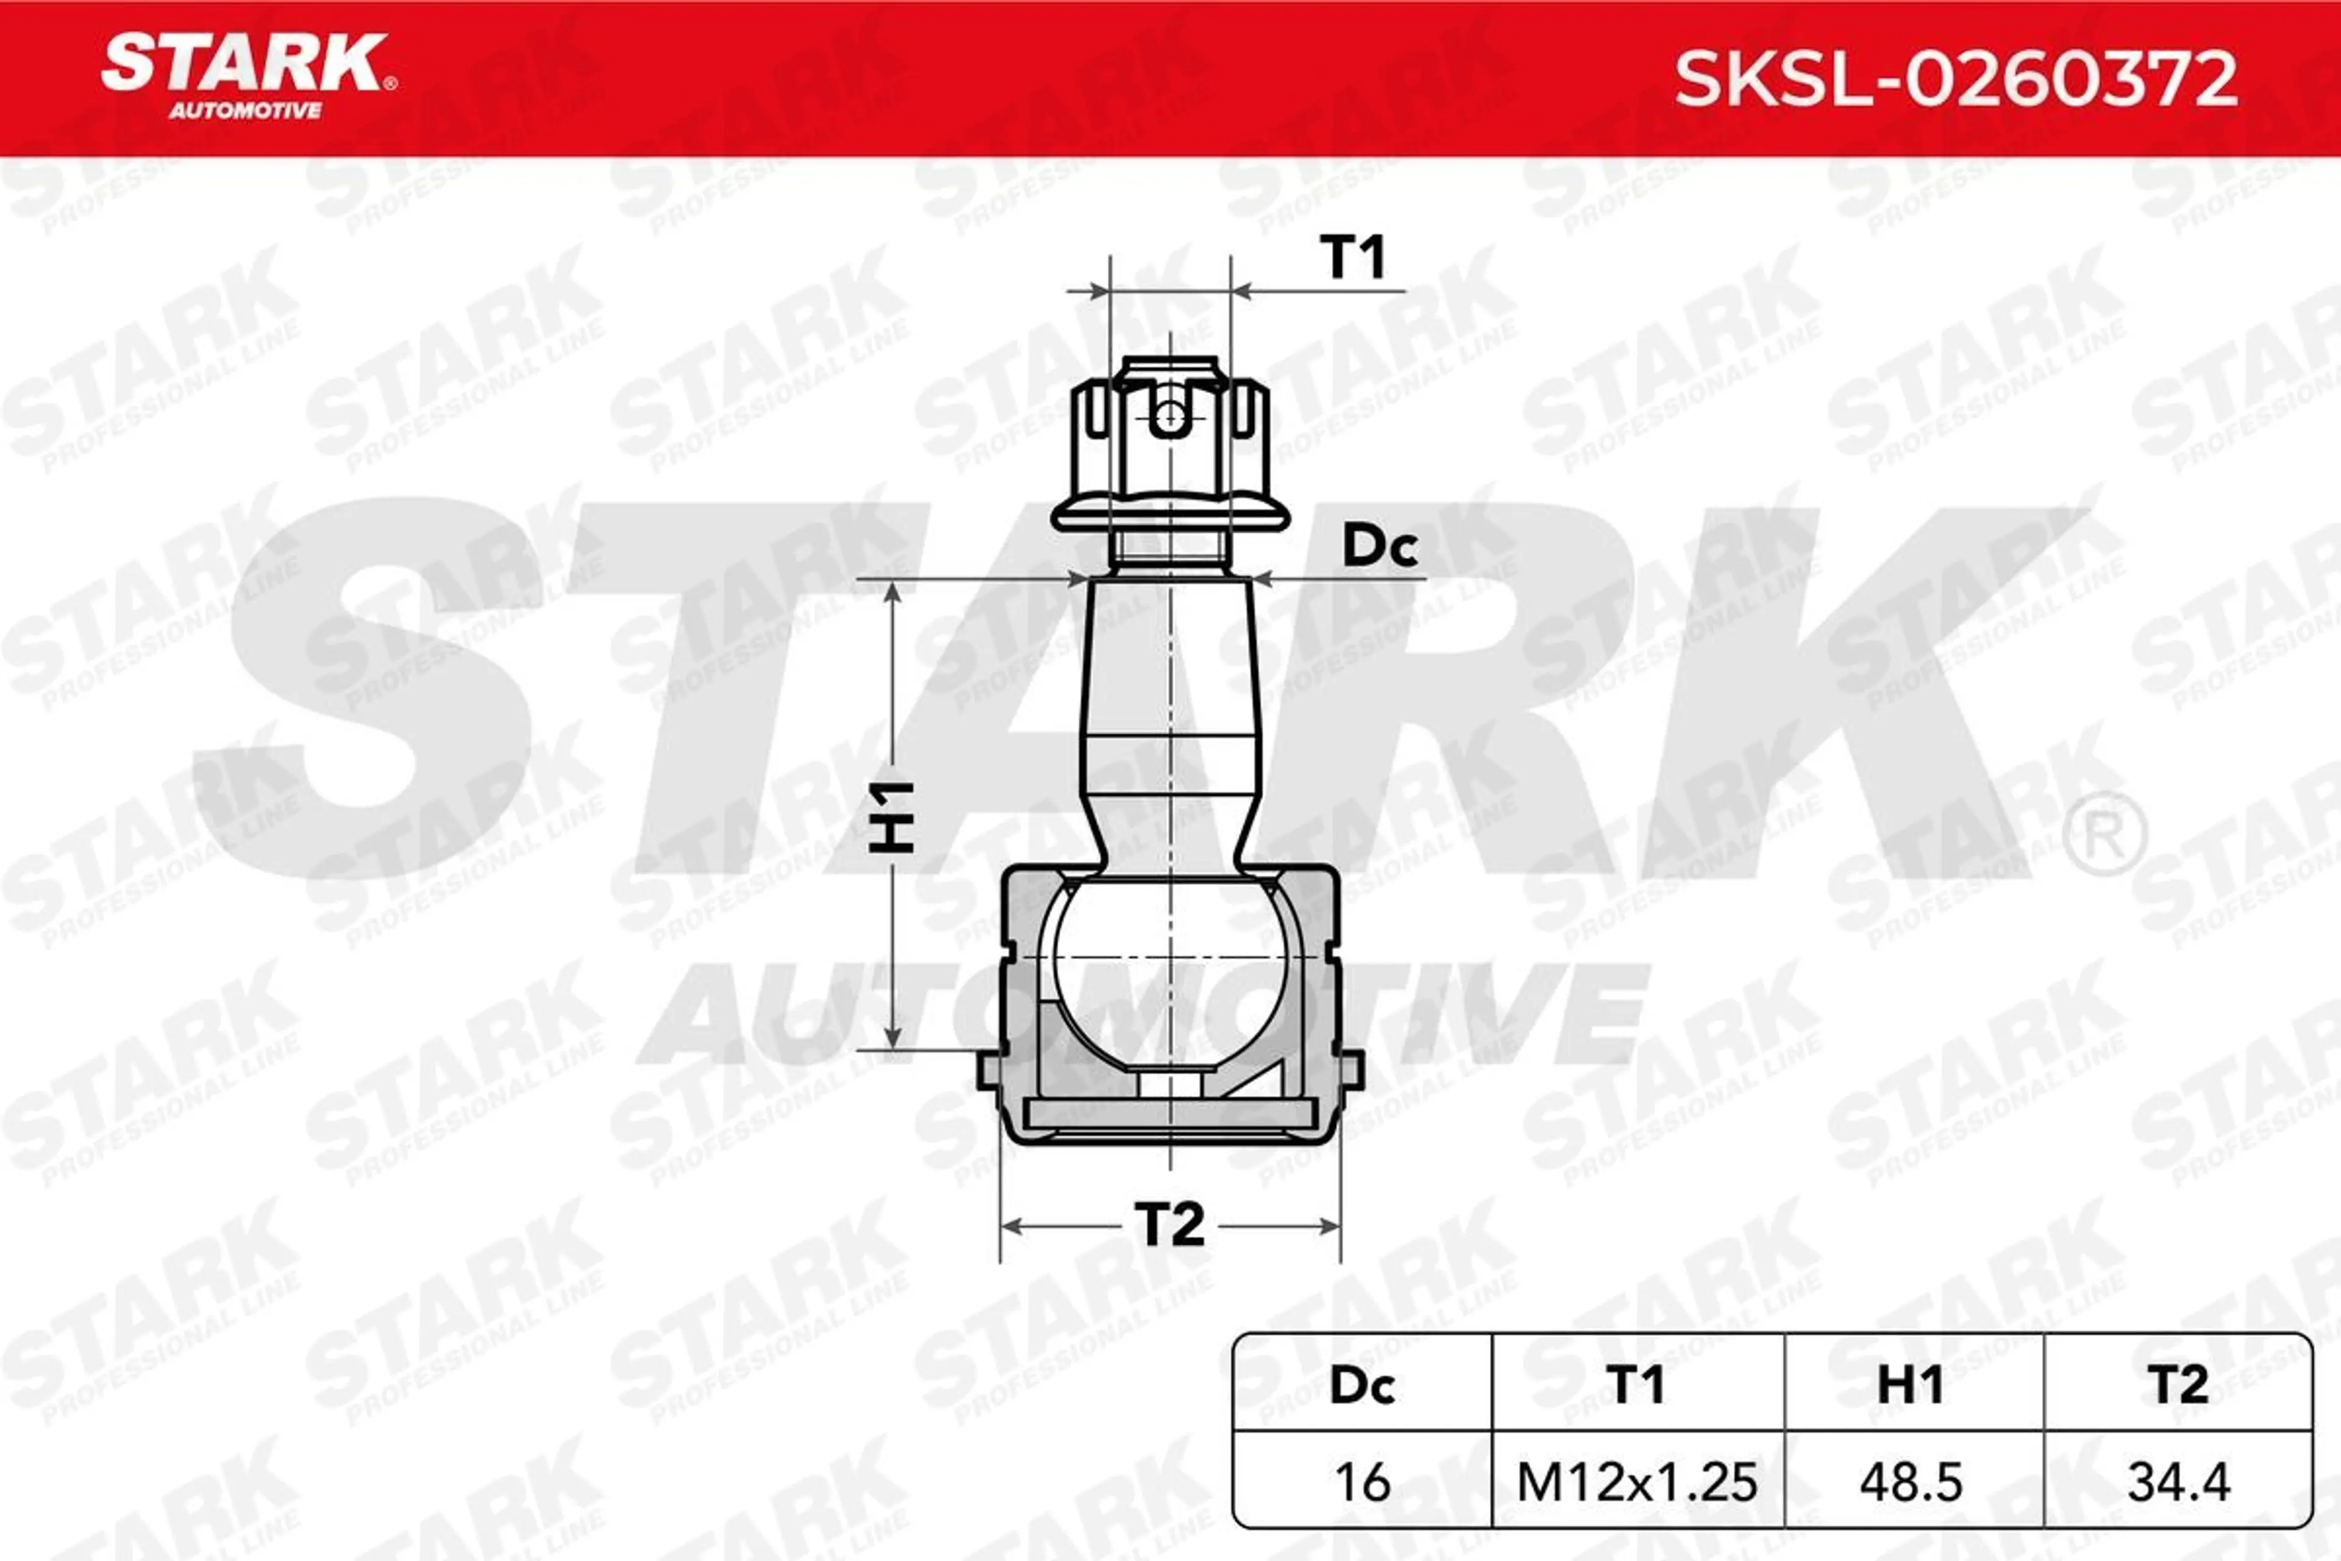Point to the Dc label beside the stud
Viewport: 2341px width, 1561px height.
tap(1380, 546)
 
